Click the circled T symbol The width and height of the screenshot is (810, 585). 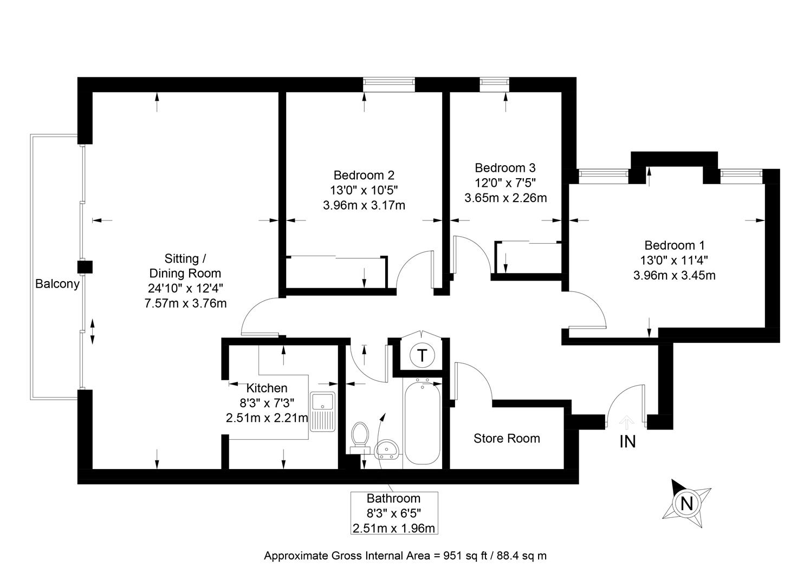[422, 355]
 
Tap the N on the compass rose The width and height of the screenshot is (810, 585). [686, 503]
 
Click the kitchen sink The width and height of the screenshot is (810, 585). [322, 412]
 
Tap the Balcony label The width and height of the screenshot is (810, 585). [57, 284]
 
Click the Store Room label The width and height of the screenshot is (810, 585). [507, 438]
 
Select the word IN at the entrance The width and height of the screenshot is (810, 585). [627, 441]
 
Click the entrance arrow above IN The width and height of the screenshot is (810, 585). [626, 422]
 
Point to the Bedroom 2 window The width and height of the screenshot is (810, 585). [389, 84]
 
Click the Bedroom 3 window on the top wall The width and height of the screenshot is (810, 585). [494, 84]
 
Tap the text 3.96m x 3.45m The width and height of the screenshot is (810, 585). [675, 276]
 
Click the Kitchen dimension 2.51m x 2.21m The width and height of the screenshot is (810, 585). [267, 418]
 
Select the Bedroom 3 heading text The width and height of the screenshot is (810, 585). [505, 168]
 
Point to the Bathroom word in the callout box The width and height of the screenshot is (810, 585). [393, 498]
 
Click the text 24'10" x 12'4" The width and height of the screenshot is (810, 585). [185, 288]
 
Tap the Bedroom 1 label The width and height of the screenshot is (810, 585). [675, 245]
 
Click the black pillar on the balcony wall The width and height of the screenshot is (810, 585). [85, 267]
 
